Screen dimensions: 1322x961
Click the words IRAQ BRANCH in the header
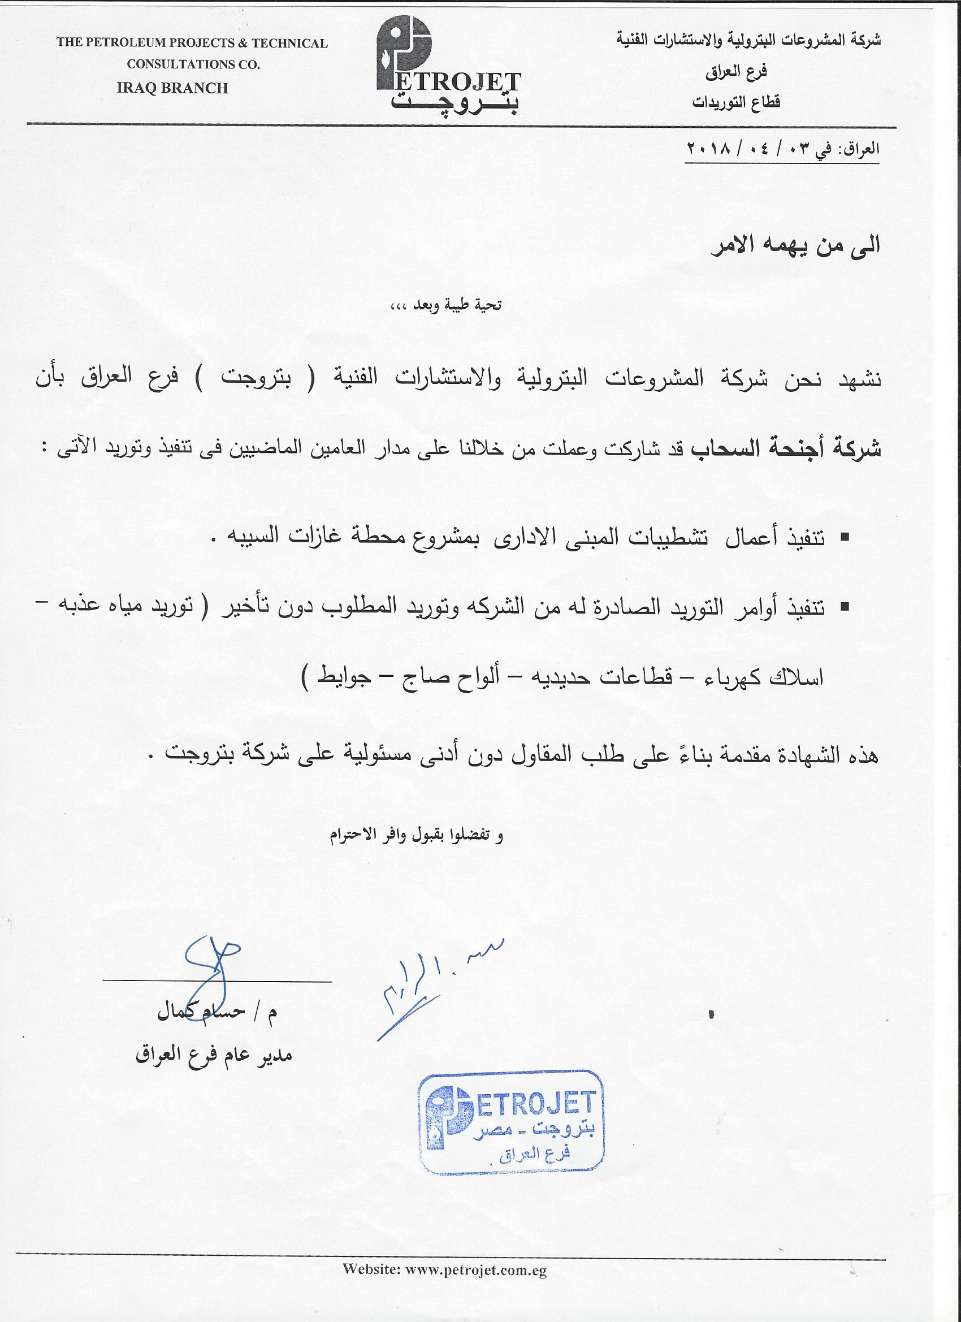(172, 88)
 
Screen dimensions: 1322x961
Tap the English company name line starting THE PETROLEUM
(192, 43)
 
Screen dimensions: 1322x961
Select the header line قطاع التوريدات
(736, 102)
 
